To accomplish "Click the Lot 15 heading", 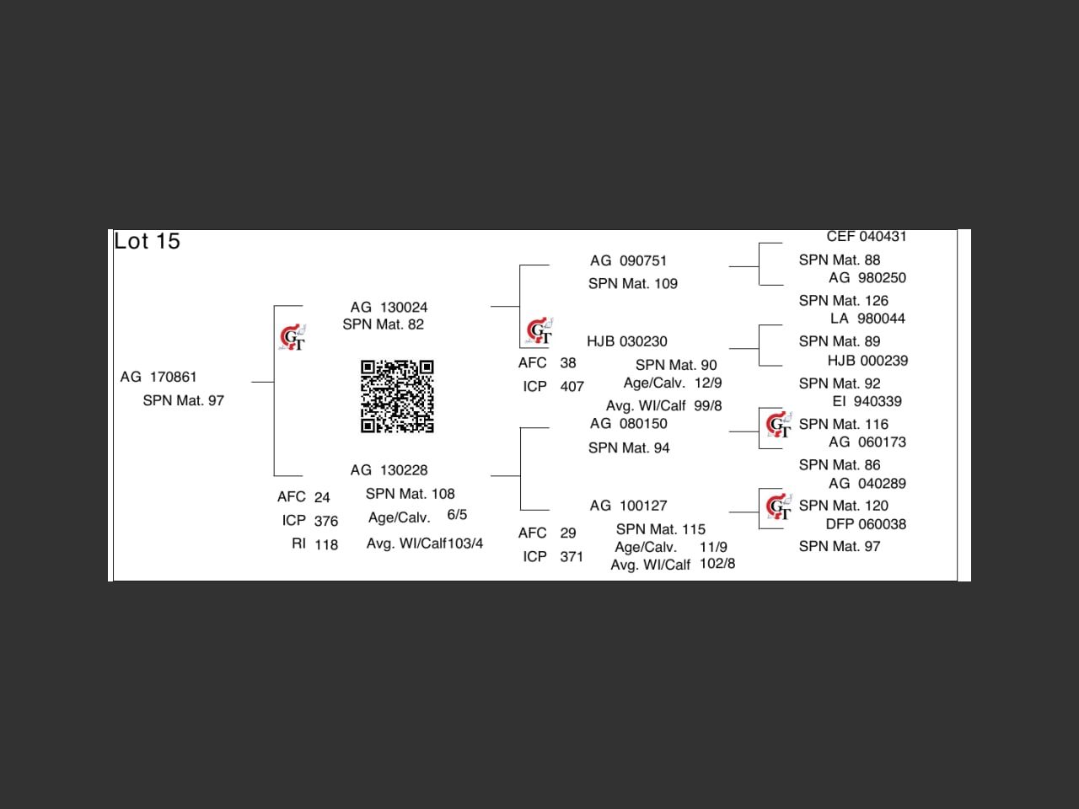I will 148,241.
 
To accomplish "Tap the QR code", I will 397,396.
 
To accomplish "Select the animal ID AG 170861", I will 158,377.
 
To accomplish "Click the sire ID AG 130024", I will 389,307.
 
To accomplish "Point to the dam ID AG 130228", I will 389,469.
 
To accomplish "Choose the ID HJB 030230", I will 626,341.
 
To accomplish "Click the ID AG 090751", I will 628,260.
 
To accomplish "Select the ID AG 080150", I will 628,423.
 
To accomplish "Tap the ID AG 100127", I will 628,505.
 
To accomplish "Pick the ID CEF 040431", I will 866,237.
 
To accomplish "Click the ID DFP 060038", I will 866,523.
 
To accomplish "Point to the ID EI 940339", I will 867,401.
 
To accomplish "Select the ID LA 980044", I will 867,319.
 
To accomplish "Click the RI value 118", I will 326,544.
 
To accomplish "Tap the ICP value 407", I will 572,386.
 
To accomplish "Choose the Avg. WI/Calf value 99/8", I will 707,405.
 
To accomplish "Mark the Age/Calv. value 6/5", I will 457,515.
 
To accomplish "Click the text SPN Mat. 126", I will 843,300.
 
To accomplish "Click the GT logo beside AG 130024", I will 293,337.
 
